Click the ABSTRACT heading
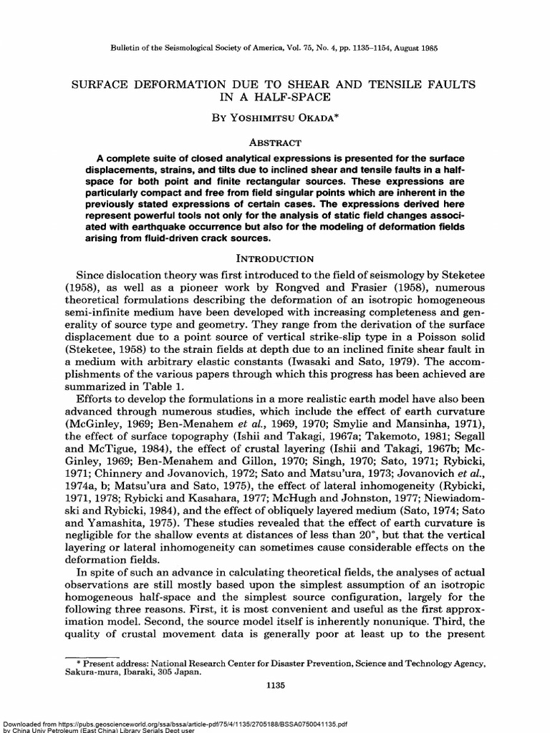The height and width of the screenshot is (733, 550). coord(275,142)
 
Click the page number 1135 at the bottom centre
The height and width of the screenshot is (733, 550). coord(275,685)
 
